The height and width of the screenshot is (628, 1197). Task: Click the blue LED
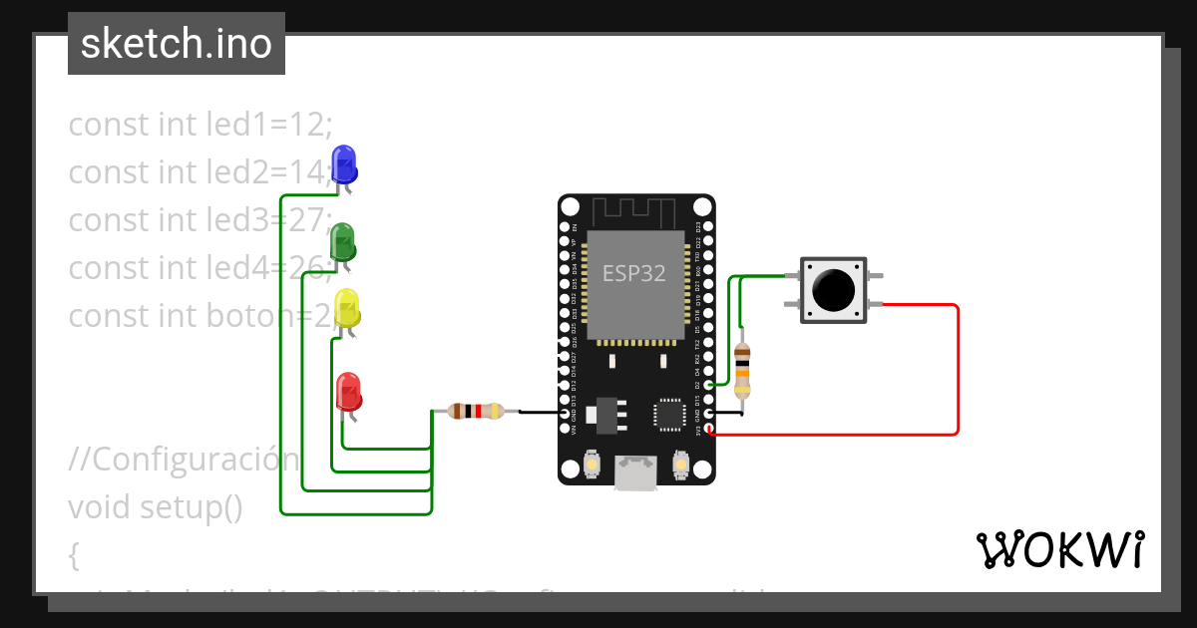click(343, 163)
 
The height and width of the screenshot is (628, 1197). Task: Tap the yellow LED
click(346, 308)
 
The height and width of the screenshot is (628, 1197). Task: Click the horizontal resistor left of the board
click(476, 411)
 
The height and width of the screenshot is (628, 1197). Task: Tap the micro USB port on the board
click(636, 472)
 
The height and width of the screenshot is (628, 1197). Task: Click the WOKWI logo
click(1059, 550)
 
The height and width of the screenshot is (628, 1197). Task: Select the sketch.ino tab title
click(177, 44)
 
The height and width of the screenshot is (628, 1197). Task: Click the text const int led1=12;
click(199, 125)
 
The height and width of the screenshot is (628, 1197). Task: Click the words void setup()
click(156, 506)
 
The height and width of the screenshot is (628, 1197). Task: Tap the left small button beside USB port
click(592, 465)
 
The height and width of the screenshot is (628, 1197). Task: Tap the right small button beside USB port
click(681, 465)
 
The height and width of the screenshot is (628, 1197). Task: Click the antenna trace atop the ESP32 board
click(635, 211)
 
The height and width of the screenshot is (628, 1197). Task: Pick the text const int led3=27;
click(199, 219)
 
